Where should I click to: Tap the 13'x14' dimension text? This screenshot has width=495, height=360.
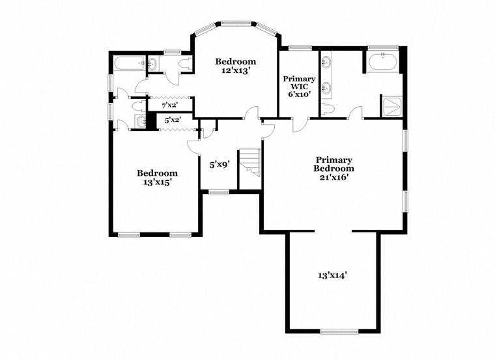pyautogui.click(x=332, y=275)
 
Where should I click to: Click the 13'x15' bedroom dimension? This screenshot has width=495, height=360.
pyautogui.click(x=156, y=183)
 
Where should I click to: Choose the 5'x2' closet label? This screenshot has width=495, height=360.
pyautogui.click(x=172, y=120)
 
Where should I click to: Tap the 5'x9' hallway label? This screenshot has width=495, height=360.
pyautogui.click(x=219, y=165)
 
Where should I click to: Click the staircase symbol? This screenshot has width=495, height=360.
pyautogui.click(x=250, y=163)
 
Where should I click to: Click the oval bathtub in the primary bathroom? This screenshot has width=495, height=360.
pyautogui.click(x=382, y=64)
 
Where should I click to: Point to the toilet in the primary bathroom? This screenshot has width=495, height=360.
pyautogui.click(x=328, y=108)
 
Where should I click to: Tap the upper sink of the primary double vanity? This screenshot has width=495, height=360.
pyautogui.click(x=326, y=64)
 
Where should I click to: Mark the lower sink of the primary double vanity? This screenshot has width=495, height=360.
pyautogui.click(x=326, y=87)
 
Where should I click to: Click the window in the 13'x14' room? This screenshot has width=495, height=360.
pyautogui.click(x=339, y=331)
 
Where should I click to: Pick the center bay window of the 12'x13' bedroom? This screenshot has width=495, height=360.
pyautogui.click(x=236, y=23)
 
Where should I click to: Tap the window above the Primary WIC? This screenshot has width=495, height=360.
pyautogui.click(x=299, y=48)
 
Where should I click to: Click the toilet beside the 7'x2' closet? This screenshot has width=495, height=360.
pyautogui.click(x=137, y=105)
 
